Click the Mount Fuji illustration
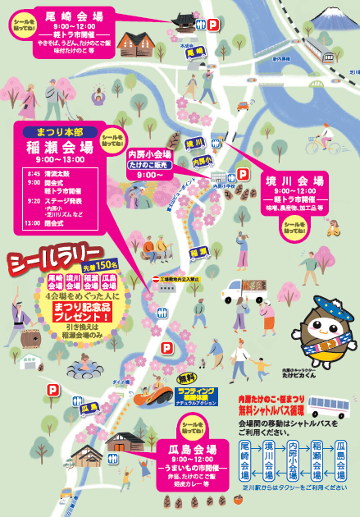pos(333,16)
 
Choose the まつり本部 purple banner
pos(57,131)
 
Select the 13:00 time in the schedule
pos(32,223)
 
